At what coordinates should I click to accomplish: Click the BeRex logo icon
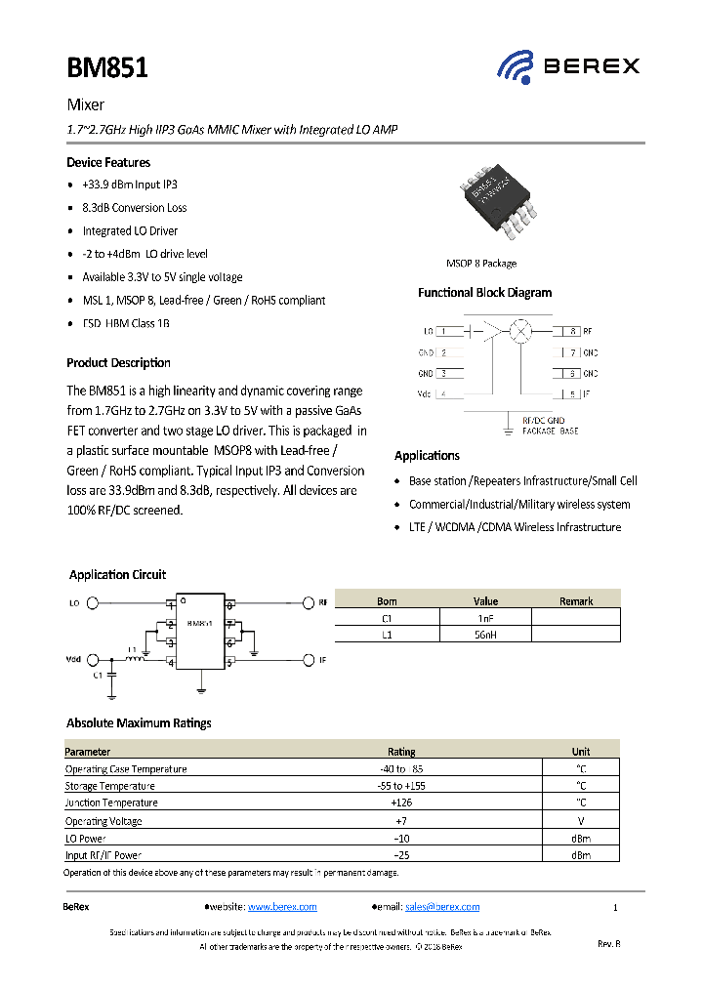(515, 66)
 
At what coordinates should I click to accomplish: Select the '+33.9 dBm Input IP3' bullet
(130, 185)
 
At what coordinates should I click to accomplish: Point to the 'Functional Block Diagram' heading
(484, 293)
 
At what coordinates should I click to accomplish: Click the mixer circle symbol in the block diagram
(521, 332)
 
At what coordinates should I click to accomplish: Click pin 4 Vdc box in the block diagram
(449, 394)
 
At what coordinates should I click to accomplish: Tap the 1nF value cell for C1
(485, 618)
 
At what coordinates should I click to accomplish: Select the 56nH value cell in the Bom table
(485, 635)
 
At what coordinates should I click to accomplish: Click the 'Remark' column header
(576, 601)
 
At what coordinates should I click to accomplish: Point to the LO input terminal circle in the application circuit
(94, 604)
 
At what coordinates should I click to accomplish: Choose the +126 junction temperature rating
(401, 803)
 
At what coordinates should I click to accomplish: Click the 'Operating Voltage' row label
(103, 821)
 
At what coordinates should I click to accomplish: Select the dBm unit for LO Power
(581, 838)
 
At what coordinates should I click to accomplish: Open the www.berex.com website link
(282, 907)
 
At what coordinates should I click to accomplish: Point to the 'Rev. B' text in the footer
(608, 944)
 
